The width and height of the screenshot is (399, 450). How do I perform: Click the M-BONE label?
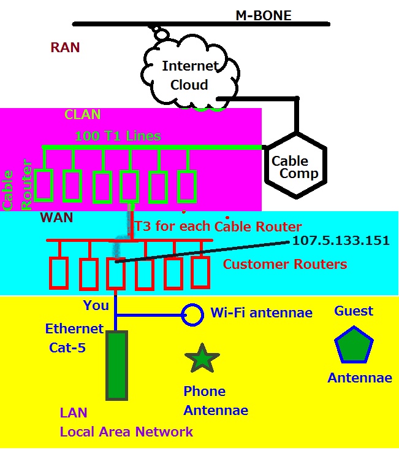pyautogui.click(x=263, y=15)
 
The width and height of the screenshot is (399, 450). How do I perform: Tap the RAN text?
pyautogui.click(x=65, y=48)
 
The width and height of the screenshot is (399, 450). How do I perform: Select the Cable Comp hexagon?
pyautogui.click(x=295, y=166)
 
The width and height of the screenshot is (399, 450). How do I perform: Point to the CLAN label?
pyautogui.click(x=83, y=115)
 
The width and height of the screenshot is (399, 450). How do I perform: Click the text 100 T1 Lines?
pyautogui.click(x=118, y=136)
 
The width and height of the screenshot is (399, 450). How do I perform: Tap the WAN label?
pyautogui.click(x=56, y=217)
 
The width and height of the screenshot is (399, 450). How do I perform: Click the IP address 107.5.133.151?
pyautogui.click(x=341, y=241)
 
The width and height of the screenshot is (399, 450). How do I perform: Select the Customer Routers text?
pyautogui.click(x=285, y=265)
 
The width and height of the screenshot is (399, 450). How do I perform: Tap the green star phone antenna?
pyautogui.click(x=202, y=358)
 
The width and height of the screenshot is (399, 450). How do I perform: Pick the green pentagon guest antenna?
pyautogui.click(x=354, y=344)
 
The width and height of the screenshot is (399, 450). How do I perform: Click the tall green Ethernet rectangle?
pyautogui.click(x=116, y=365)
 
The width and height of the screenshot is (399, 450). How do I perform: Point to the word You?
pyautogui.click(x=96, y=305)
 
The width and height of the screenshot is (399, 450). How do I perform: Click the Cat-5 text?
pyautogui.click(x=67, y=348)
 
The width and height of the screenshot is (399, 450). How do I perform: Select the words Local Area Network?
pyautogui.click(x=126, y=432)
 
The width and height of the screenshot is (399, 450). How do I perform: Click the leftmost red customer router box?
pyautogui.click(x=59, y=273)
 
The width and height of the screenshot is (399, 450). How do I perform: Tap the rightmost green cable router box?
pyautogui.click(x=187, y=187)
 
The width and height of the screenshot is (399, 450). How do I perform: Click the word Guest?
pyautogui.click(x=354, y=311)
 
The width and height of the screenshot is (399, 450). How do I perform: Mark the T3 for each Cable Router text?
pyautogui.click(x=218, y=227)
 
